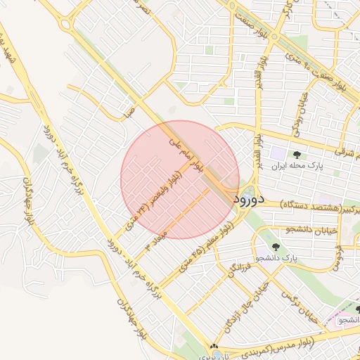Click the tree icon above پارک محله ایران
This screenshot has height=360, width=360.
299,153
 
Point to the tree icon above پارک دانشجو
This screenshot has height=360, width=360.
275,247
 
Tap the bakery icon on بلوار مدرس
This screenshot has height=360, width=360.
214,347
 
